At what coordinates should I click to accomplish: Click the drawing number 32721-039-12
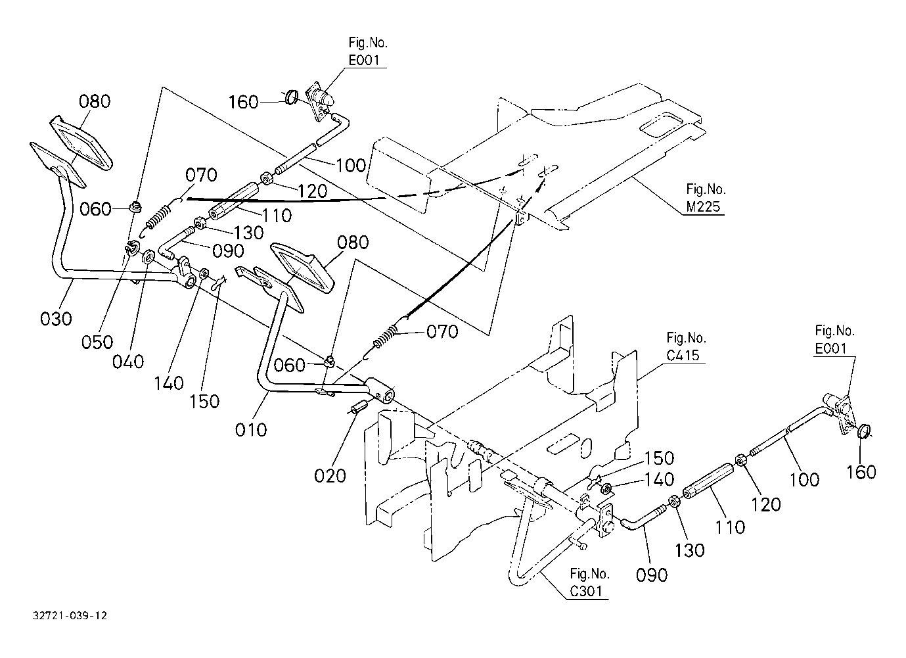70,615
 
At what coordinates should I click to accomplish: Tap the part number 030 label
57,319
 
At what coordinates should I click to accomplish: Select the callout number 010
251,430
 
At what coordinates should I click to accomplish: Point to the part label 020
330,476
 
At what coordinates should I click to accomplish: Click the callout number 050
97,342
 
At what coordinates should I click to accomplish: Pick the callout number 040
128,362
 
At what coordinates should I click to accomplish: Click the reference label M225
704,207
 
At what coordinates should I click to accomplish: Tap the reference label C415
683,356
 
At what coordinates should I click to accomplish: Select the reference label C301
586,591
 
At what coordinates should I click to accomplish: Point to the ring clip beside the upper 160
292,97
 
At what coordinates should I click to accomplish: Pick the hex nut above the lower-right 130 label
674,502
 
